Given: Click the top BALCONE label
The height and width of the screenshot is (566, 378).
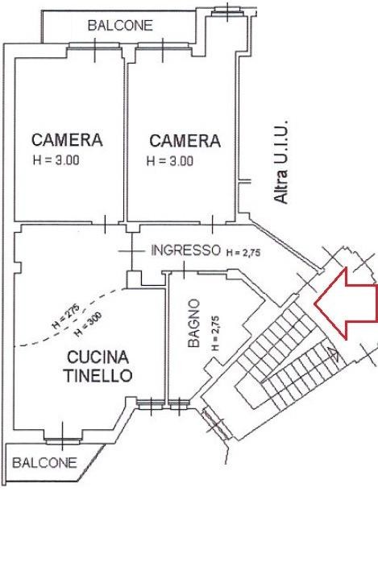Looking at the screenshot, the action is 120,25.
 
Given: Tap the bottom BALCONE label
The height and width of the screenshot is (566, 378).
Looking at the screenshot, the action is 45,462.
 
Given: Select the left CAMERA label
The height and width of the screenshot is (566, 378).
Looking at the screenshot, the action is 67,140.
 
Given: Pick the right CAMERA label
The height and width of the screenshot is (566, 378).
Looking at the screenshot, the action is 185,141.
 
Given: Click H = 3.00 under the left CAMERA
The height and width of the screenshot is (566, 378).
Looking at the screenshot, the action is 56,160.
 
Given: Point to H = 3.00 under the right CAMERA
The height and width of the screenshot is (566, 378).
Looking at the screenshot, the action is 170,161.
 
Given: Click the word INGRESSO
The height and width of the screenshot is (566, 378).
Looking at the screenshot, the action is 185,250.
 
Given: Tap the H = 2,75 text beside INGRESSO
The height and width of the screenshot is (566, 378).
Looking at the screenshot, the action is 243,253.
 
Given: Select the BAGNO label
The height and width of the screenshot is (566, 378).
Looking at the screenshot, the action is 194,323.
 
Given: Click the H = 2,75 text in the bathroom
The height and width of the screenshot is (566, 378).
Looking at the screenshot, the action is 216,333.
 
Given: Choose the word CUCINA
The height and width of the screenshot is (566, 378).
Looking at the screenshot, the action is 98,357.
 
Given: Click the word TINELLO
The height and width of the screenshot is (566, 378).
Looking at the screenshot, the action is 98,376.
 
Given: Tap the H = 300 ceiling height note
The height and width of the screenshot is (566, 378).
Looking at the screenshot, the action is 88,324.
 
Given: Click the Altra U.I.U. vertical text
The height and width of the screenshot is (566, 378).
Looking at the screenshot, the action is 281,162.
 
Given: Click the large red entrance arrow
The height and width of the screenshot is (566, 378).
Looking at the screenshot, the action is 346,304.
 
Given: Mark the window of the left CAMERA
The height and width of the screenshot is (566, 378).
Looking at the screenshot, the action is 94,45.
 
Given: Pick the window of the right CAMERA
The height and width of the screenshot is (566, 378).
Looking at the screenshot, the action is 163,45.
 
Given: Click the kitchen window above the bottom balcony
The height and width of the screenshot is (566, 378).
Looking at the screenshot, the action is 62,440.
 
